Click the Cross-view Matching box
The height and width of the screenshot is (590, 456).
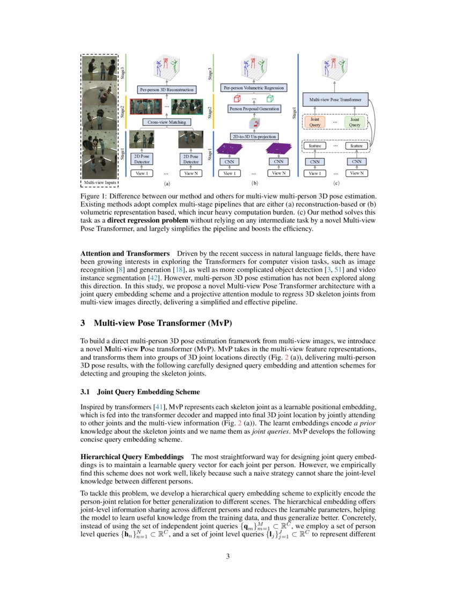coord(167,122)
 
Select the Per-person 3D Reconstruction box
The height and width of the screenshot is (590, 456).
coord(167,90)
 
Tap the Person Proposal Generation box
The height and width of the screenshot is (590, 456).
coord(254,108)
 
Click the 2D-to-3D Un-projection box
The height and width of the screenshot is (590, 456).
coord(254,137)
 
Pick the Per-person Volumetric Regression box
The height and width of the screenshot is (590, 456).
coord(254,87)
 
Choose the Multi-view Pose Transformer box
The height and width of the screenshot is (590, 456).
coord(336,100)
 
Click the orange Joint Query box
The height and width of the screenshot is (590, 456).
coord(315,122)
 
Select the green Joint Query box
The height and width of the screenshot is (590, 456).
coord(355,122)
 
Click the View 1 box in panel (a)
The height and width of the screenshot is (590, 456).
coord(142,173)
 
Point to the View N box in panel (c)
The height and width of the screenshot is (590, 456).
coord(356,173)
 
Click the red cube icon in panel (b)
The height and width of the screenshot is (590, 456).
coord(238,98)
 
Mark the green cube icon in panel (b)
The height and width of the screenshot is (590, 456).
coord(269,98)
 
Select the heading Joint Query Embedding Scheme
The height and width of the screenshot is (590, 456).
coord(149,392)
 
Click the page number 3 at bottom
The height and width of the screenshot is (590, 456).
coord(228,556)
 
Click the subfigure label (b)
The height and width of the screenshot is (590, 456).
coord(254,183)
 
